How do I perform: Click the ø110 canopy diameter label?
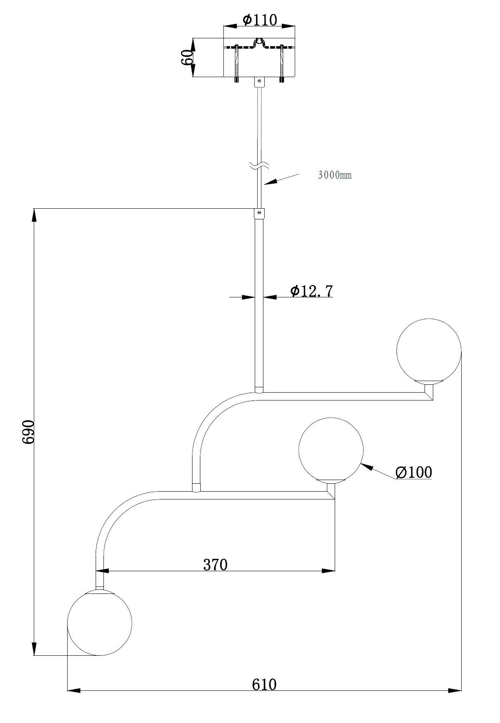pyautogui.click(x=260, y=19)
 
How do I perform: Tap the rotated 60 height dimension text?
pyautogui.click(x=187, y=57)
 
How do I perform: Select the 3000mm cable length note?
pyautogui.click(x=335, y=175)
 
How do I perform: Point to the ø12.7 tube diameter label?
pyautogui.click(x=311, y=291)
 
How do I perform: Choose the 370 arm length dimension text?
pyautogui.click(x=215, y=565)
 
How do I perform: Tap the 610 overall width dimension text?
pyautogui.click(x=264, y=684)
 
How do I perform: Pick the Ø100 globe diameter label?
pyautogui.click(x=413, y=472)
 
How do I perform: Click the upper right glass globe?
pyautogui.click(x=429, y=351)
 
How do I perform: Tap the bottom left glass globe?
pyautogui.click(x=100, y=623)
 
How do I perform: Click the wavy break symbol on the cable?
pyautogui.click(x=259, y=166)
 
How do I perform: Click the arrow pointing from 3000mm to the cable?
pyautogui.click(x=280, y=179)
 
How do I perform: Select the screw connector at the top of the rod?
pyautogui.click(x=259, y=214)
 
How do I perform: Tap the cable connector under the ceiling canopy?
pyautogui.click(x=259, y=82)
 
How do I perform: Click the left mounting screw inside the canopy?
pyautogui.click(x=237, y=63)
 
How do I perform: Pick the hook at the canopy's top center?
pyautogui.click(x=259, y=42)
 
